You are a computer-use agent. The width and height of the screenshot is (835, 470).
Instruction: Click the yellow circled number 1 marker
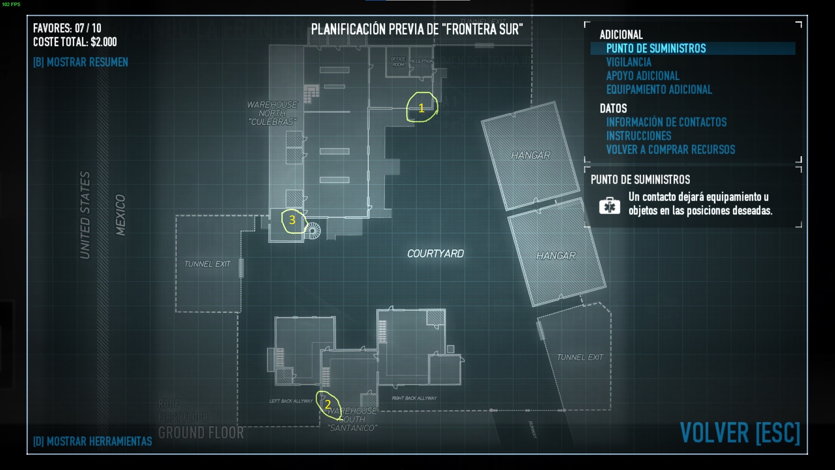pyautogui.click(x=421, y=107)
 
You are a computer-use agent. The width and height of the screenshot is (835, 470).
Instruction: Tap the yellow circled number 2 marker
pyautogui.click(x=328, y=405)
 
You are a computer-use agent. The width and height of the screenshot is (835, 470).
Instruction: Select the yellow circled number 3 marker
pyautogui.click(x=292, y=220)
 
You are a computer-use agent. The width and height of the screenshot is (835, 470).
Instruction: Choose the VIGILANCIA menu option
pyautogui.click(x=628, y=62)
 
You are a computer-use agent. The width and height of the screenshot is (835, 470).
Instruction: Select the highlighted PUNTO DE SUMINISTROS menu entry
pyautogui.click(x=656, y=48)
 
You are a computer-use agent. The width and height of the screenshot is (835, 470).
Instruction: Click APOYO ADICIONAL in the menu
pyautogui.click(x=642, y=76)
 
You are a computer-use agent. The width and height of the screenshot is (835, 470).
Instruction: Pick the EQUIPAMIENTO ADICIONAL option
pyautogui.click(x=659, y=90)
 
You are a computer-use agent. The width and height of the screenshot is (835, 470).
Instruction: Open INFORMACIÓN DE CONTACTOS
pyautogui.click(x=666, y=122)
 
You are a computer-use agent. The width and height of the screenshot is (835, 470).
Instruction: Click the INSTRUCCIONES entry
pyautogui.click(x=638, y=136)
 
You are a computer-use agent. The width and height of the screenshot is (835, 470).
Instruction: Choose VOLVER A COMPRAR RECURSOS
pyautogui.click(x=671, y=150)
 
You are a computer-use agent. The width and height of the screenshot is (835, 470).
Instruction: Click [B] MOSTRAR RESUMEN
pyautogui.click(x=80, y=62)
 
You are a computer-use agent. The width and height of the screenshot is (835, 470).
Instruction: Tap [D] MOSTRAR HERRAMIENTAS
pyautogui.click(x=93, y=441)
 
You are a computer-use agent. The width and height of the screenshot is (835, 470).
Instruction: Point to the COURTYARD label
pyautogui.click(x=435, y=254)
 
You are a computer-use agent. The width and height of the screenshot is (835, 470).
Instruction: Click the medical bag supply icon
pyautogui.click(x=609, y=205)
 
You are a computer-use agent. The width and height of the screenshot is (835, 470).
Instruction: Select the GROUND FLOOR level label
pyautogui.click(x=201, y=433)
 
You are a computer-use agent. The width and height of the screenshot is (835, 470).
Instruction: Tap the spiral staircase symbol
pyautogui.click(x=313, y=230)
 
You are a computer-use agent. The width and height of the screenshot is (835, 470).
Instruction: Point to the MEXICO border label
pyautogui.click(x=120, y=215)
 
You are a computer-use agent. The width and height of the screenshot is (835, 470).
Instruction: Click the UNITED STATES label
pyautogui.click(x=85, y=215)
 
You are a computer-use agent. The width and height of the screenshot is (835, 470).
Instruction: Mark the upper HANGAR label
pyautogui.click(x=530, y=155)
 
